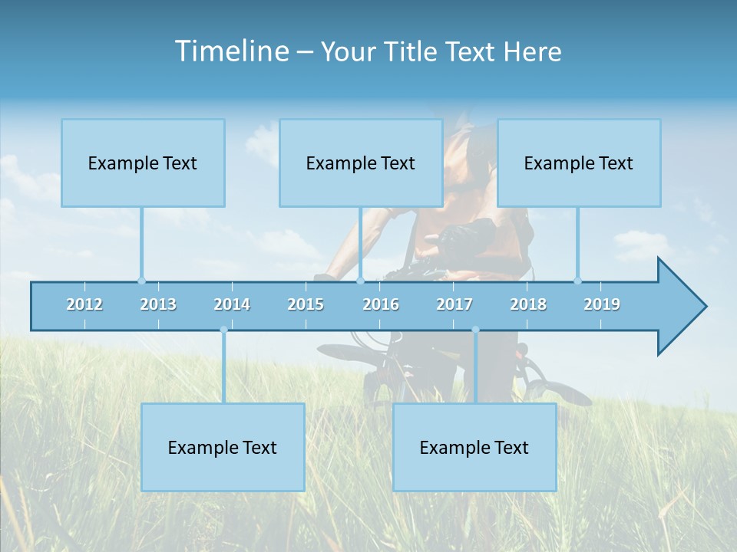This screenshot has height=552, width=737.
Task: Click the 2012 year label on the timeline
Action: (x=84, y=304)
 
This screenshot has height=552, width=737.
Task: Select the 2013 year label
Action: (x=158, y=304)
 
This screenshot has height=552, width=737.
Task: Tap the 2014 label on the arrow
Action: (x=232, y=304)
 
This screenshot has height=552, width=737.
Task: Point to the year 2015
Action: (x=306, y=304)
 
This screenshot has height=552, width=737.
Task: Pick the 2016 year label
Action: (x=381, y=304)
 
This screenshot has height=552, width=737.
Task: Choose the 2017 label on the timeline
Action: (x=454, y=304)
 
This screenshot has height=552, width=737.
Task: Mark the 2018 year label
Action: (x=528, y=304)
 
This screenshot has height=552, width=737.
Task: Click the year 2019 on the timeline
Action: (x=602, y=304)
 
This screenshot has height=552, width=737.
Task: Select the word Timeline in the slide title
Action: (x=230, y=51)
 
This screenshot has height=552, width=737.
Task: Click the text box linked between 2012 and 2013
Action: (x=143, y=163)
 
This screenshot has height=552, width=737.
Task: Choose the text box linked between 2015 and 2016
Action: (x=361, y=163)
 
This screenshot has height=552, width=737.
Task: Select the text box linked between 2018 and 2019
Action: (x=579, y=163)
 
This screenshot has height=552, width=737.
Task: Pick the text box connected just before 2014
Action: (x=223, y=447)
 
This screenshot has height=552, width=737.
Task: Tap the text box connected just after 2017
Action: (x=474, y=447)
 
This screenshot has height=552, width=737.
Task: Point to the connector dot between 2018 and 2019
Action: (x=577, y=281)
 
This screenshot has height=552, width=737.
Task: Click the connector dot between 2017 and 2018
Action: (x=475, y=330)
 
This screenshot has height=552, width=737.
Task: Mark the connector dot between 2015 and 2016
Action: (x=360, y=281)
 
